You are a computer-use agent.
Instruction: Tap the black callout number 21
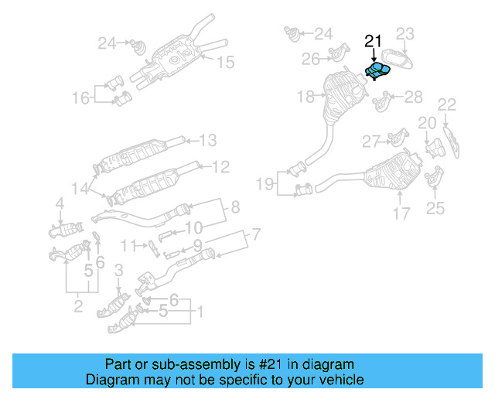coord(374,41)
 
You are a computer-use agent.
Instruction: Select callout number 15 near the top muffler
coord(224,62)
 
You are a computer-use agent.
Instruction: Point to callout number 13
coord(208,141)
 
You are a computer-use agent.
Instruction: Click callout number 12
coord(220,166)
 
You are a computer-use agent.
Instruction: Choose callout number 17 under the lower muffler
coord(401,213)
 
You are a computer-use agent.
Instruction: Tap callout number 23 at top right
coord(406,34)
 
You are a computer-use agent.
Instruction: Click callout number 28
coord(414,97)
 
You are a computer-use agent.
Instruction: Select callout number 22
coord(447,104)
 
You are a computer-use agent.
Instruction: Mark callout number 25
coord(435,207)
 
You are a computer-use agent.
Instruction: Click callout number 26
coord(311,58)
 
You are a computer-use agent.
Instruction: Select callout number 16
coord(81,97)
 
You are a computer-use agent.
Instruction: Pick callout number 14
coord(80,187)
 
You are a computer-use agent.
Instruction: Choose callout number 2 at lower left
coord(78,308)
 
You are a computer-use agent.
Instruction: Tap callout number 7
coord(256,233)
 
